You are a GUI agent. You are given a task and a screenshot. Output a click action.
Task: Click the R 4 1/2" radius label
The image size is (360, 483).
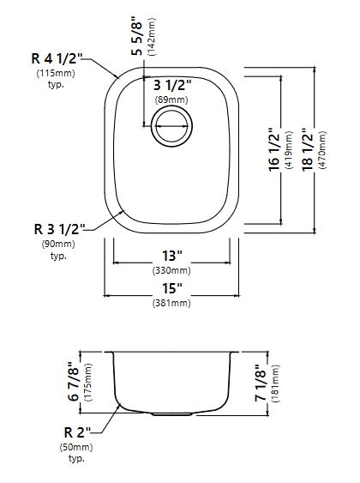pos(57,58)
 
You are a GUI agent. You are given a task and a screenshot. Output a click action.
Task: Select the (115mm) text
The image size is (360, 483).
pos(56,74)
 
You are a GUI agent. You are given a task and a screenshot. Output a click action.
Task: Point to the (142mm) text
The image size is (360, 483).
pos(152,37)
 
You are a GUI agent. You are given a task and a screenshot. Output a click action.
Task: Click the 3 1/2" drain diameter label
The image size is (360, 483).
pos(172,85)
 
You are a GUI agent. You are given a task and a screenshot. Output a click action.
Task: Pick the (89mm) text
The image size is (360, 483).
pos(171,100)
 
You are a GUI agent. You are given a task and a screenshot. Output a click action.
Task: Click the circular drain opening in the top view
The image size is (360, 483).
pos(171,126)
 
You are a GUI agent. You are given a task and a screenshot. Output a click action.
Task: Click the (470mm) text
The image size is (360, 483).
pos(322,150)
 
